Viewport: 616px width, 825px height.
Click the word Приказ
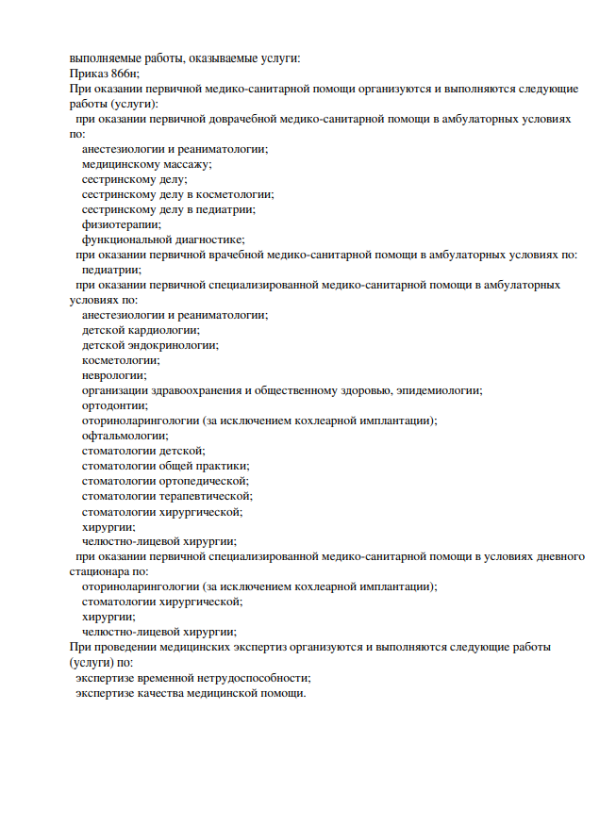(88, 73)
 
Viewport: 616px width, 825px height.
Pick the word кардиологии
(161, 330)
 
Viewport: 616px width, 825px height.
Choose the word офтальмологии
(125, 436)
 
